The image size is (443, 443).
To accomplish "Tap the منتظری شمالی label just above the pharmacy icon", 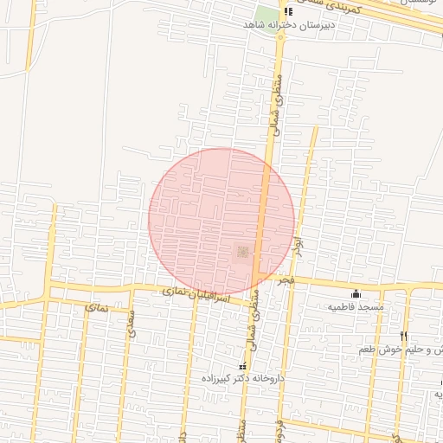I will coord(253,331).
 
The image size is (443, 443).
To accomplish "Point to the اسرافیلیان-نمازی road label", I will coord(196,295).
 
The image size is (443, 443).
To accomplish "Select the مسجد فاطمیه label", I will coord(355,307).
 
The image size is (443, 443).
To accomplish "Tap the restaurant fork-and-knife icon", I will coord(403,336).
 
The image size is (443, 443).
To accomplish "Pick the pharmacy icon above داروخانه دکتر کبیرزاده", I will coord(241,367).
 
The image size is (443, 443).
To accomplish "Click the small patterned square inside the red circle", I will coord(242,251).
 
